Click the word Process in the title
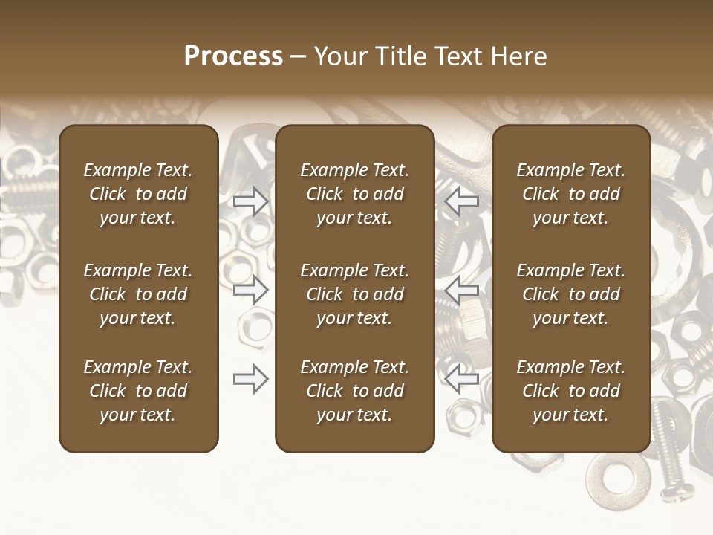[233, 56]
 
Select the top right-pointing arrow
[251, 201]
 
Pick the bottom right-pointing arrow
[251, 379]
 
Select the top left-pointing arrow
[461, 200]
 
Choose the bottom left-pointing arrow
[461, 379]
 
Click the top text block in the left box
[138, 194]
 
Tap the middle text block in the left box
[138, 294]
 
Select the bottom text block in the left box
[138, 391]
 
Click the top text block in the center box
[354, 194]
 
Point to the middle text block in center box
[354, 294]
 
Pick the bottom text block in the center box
[354, 391]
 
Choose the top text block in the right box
[571, 194]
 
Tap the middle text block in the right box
[571, 294]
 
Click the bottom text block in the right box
[571, 391]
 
